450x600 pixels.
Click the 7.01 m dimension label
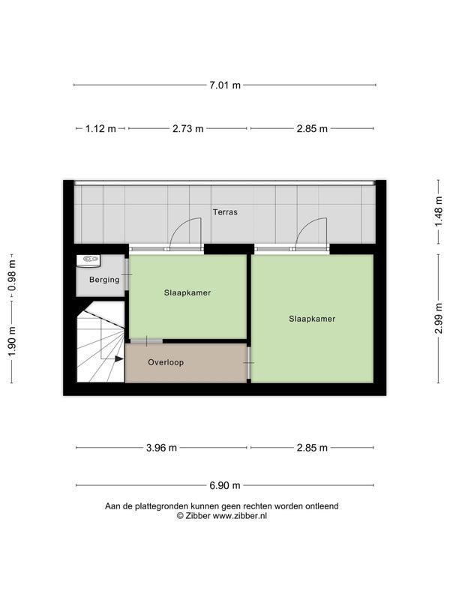(224, 85)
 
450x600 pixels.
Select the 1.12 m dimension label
(100, 128)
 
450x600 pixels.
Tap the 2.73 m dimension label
(188, 128)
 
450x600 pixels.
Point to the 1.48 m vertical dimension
(439, 211)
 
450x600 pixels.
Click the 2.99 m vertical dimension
(439, 318)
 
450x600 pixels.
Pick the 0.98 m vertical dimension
(12, 275)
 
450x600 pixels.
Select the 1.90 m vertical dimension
(12, 341)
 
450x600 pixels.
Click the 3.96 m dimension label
(161, 448)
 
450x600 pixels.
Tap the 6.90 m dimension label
(224, 485)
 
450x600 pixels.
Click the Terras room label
(225, 212)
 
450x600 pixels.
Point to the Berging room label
(104, 280)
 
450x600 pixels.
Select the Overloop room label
(166, 362)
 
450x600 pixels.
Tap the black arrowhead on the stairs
(119, 359)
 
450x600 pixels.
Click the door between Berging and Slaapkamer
(127, 274)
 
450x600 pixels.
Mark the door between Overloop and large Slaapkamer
(249, 362)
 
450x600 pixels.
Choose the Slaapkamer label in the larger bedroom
(312, 319)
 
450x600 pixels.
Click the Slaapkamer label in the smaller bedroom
(187, 292)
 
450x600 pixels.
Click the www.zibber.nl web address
(239, 516)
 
